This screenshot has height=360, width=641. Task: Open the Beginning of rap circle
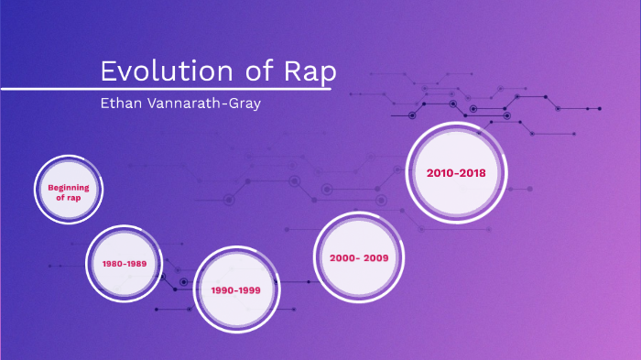click(69, 192)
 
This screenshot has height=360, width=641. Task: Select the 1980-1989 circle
click(125, 263)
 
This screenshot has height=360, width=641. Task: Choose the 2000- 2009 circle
click(359, 257)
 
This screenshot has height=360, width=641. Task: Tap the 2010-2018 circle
click(455, 172)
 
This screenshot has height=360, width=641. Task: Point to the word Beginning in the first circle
click(69, 187)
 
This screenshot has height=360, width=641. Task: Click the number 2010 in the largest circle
click(440, 172)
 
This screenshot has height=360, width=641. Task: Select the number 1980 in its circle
click(113, 263)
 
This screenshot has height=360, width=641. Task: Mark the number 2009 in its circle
click(375, 257)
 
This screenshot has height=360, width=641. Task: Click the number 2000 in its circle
click(342, 257)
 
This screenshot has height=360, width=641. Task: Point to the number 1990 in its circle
click(223, 289)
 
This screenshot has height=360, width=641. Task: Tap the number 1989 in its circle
click(137, 263)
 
